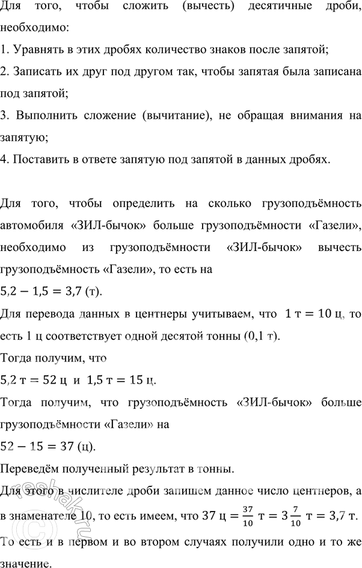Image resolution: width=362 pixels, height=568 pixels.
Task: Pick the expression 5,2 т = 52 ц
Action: point(34,379)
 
